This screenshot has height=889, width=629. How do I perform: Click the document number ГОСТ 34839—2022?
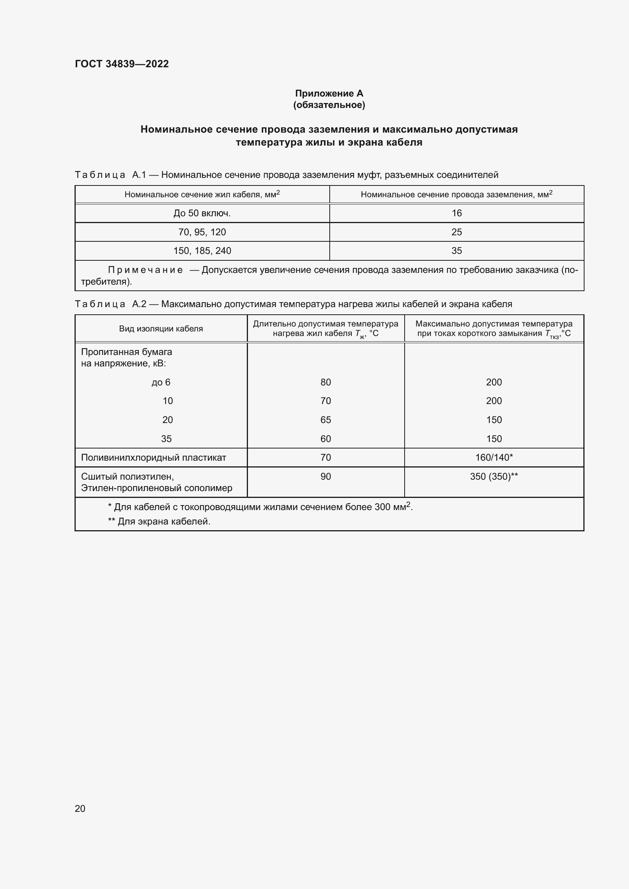pyautogui.click(x=122, y=64)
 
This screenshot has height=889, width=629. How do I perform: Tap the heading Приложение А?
pyautogui.click(x=329, y=93)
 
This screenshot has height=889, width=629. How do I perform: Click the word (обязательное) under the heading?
pyautogui.click(x=329, y=105)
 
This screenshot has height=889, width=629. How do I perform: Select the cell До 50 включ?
pyautogui.click(x=202, y=213)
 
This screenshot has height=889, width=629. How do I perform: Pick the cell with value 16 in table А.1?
pyautogui.click(x=457, y=213)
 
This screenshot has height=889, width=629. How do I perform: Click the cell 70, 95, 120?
pyautogui.click(x=202, y=232)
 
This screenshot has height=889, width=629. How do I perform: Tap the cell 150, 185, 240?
pyautogui.click(x=202, y=250)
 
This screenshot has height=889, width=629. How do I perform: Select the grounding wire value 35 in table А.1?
pyautogui.click(x=457, y=250)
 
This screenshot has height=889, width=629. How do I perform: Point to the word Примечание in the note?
pyautogui.click(x=145, y=270)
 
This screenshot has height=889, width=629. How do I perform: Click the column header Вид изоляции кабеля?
pyautogui.click(x=161, y=329)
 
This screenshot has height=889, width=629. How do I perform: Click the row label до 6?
pyautogui.click(x=161, y=382)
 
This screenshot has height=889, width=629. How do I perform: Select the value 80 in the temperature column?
pyautogui.click(x=326, y=382)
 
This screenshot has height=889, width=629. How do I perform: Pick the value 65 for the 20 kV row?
pyautogui.click(x=326, y=420)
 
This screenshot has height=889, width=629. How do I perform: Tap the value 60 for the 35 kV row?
pyautogui.click(x=326, y=439)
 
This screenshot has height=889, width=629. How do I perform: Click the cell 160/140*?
pyautogui.click(x=494, y=457)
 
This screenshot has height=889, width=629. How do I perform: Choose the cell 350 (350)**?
pyautogui.click(x=494, y=476)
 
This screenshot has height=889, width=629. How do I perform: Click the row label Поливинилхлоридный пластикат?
pyautogui.click(x=153, y=457)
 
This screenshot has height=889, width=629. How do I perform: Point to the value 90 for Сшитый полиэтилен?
pyautogui.click(x=326, y=476)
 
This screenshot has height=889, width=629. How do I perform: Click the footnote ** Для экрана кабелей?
pyautogui.click(x=159, y=521)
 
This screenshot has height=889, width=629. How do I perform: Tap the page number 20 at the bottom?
pyautogui.click(x=80, y=808)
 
